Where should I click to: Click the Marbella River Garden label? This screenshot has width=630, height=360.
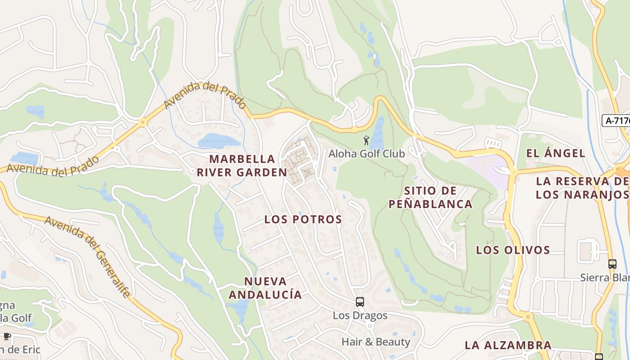pos(242,165)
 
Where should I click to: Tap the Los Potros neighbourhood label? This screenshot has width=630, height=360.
pos(303,219)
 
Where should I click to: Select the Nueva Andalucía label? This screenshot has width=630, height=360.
pos(265,288)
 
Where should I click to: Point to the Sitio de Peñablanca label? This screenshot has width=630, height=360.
pos(430,197)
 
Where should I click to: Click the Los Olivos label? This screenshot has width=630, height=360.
pos(513,250)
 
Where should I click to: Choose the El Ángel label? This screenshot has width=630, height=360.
pos(556,153)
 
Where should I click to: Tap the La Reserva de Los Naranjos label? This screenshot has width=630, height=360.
pos(582,188)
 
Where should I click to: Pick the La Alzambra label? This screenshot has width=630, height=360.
pos(508,345)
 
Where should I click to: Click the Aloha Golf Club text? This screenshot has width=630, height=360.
pos(367,153)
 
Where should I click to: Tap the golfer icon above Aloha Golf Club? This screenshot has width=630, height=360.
pos(367,140)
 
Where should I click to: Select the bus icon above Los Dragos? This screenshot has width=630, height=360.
pos(360,301)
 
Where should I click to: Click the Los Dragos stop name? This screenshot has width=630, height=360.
pos(360,315)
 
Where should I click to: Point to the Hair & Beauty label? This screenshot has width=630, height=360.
pos(376,342)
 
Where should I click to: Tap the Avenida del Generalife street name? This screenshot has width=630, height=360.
pos(87,256)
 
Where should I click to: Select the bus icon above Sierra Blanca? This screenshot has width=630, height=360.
pos(612,264)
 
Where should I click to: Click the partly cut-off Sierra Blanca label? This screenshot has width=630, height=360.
pos(605,277)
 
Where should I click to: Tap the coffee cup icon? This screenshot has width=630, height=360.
pos(7,336)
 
